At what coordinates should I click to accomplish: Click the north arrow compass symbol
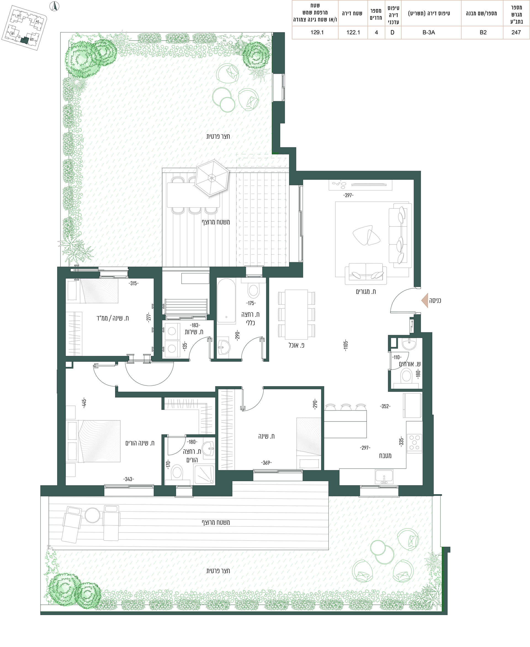tap(55, 6)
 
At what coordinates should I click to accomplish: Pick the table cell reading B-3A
tap(429, 32)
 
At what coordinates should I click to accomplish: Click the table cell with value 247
tap(516, 32)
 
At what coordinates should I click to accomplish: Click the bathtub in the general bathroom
tap(226, 301)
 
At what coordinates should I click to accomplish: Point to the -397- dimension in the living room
tap(348, 195)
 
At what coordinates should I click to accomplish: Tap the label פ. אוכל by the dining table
tap(296, 345)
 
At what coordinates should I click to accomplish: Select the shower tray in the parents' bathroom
tap(204, 474)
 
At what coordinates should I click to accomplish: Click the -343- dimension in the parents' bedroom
tap(129, 479)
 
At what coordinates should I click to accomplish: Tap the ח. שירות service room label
tap(194, 332)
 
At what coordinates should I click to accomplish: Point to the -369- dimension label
tap(266, 463)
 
